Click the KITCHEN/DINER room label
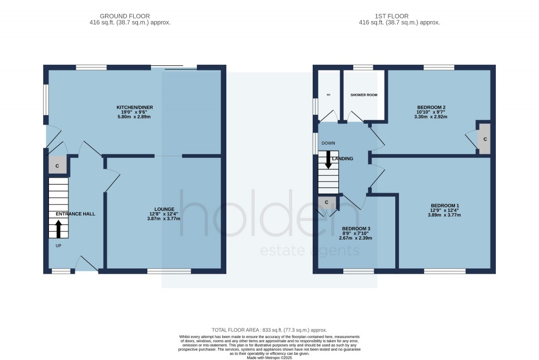[x=135, y=107]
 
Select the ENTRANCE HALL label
[x=75, y=214]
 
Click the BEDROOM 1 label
[x=445, y=205]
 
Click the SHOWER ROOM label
[x=364, y=95]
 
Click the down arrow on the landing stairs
[x=328, y=159]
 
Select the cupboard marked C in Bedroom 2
[x=485, y=139]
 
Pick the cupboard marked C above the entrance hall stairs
[x=57, y=166]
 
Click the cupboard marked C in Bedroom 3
[x=326, y=202]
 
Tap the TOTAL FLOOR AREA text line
[x=269, y=328]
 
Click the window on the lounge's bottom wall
[x=169, y=271]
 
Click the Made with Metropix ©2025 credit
[x=269, y=358]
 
